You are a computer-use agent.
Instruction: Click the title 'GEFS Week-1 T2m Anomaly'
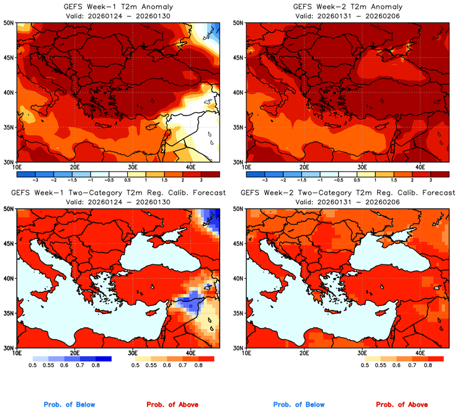[x=118, y=6]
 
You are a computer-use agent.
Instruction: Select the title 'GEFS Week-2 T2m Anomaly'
[x=347, y=6]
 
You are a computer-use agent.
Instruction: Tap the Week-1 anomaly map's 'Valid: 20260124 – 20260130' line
[x=118, y=16]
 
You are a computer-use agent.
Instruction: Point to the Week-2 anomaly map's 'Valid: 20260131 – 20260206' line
[x=347, y=16]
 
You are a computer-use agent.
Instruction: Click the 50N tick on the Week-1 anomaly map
[x=9, y=23]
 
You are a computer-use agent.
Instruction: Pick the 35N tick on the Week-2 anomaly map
[x=239, y=127]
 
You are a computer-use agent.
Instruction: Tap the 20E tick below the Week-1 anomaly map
[x=74, y=167]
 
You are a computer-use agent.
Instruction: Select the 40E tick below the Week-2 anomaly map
[x=419, y=167]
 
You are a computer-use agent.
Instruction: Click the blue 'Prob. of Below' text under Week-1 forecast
[x=69, y=405]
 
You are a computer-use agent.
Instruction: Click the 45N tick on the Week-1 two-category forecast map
[x=9, y=244]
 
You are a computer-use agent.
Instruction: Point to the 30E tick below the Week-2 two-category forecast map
[x=362, y=353]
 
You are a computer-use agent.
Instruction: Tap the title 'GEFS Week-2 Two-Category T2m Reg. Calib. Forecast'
[x=347, y=193]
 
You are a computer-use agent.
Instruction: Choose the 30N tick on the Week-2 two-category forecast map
[x=239, y=348]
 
